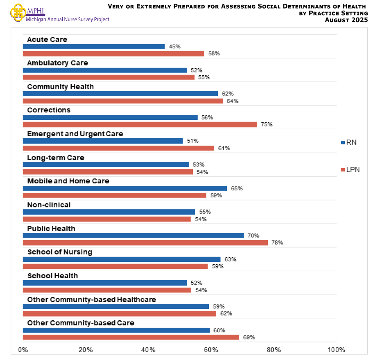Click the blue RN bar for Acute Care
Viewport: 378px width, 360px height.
coord(93,47)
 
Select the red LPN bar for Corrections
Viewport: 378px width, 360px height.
coord(140,124)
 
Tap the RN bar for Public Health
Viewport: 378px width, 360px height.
coord(133,236)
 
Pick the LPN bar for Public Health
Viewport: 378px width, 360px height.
coord(145,243)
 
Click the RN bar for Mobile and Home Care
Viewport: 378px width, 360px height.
coord(124,188)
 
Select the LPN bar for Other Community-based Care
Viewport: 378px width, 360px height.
coord(131,337)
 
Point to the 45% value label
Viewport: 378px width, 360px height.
coord(174,47)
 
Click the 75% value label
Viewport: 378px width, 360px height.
coord(267,124)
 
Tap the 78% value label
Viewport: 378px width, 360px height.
coord(277,243)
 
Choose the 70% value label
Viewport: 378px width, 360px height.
coord(254,236)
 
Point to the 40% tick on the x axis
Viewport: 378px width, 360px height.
coord(148,350)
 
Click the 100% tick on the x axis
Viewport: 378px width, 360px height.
coord(336,350)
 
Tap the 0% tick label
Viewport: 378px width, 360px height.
coord(23,350)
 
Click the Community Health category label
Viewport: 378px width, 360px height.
coord(60,87)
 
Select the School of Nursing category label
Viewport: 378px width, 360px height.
coord(60,252)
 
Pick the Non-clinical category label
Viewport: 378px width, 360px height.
coord(49,205)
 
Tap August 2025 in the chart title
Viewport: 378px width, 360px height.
coord(347,20)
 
